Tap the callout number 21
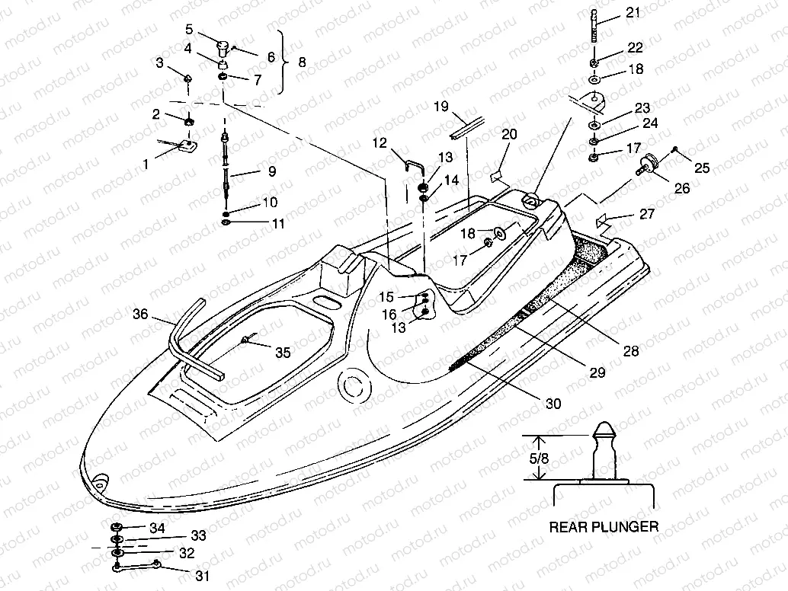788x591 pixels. click(x=633, y=11)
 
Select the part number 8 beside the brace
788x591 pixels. click(x=302, y=63)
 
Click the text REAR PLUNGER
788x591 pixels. click(x=604, y=526)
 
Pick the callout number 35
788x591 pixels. click(x=282, y=352)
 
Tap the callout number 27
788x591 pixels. click(x=647, y=215)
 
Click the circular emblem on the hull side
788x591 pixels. click(x=352, y=385)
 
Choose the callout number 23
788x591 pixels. click(x=642, y=107)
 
